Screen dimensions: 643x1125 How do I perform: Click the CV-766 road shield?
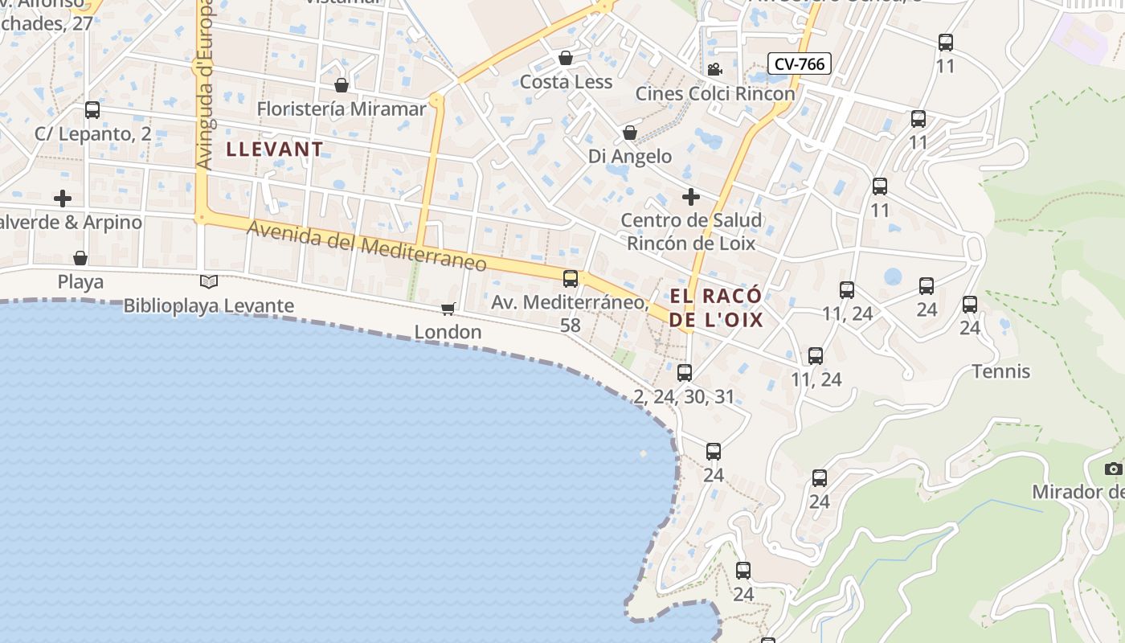pos(800,63)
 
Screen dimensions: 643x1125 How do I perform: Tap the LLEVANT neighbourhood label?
pos(275,149)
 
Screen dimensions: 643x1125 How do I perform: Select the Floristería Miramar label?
pos(342,109)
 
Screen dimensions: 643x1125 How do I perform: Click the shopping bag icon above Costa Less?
pos(566,58)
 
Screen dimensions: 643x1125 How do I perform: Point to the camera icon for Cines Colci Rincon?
pos(714,70)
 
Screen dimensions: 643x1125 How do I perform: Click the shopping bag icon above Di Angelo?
pos(630,133)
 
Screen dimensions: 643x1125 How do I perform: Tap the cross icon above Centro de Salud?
pos(691,197)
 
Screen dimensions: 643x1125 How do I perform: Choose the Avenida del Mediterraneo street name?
pos(366,245)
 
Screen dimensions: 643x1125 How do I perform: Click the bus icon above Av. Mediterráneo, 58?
pos(571,279)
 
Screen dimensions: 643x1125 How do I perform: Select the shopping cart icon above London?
pos(448,309)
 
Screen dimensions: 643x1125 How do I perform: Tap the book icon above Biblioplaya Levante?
pos(209,281)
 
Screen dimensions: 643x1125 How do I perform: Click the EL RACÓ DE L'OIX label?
pos(716,308)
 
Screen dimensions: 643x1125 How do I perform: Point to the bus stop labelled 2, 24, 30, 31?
pos(685,373)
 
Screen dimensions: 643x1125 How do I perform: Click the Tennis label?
pos(1001,371)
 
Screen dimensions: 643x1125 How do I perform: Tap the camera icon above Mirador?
pos(1113,469)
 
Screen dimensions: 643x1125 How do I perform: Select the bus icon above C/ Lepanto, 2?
pos(92,110)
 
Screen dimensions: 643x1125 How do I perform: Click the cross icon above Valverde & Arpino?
pos(63,198)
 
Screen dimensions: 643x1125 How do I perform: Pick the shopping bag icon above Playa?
pos(80,258)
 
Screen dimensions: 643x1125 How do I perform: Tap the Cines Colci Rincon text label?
pos(715,93)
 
